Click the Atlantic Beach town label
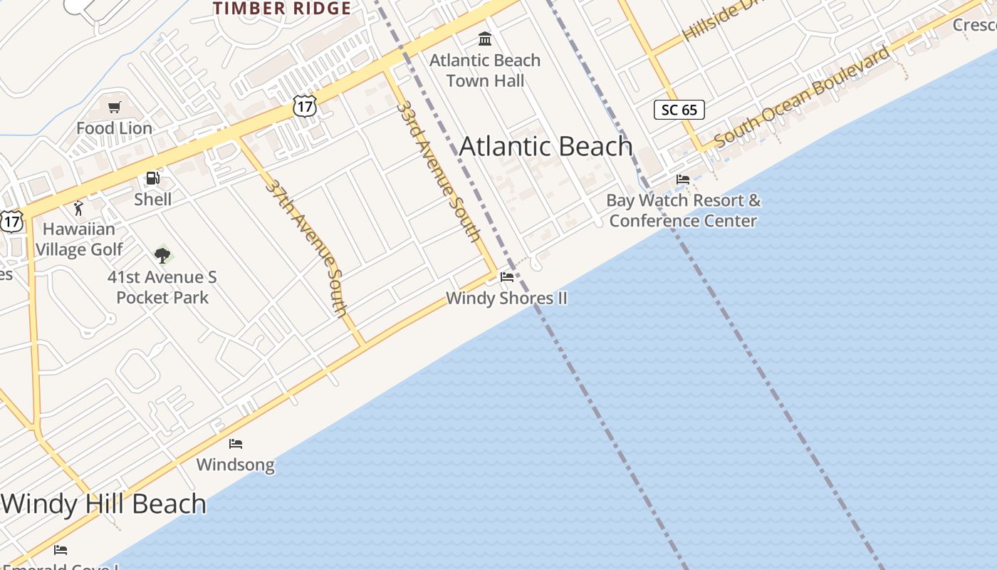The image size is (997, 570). point(546,146)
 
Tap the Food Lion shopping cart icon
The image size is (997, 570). point(114,108)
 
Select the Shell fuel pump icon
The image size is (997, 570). point(152,178)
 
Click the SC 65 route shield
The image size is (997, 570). point(679,110)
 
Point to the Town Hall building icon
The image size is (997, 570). point(485,38)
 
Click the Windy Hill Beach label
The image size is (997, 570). point(104,504)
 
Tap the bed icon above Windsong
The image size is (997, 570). point(236,444)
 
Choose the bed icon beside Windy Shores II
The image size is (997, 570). point(507,276)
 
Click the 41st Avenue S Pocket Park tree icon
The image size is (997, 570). point(162,254)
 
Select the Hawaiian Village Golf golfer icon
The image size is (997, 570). point(78,208)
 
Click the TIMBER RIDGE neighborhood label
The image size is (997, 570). point(282,9)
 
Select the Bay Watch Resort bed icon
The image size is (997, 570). point(683,180)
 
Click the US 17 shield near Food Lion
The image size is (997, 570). point(304,107)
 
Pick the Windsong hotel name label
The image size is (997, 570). point(235,465)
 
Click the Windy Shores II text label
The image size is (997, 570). point(506,298)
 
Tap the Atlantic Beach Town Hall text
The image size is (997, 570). point(485,71)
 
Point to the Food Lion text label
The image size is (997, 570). point(114,128)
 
